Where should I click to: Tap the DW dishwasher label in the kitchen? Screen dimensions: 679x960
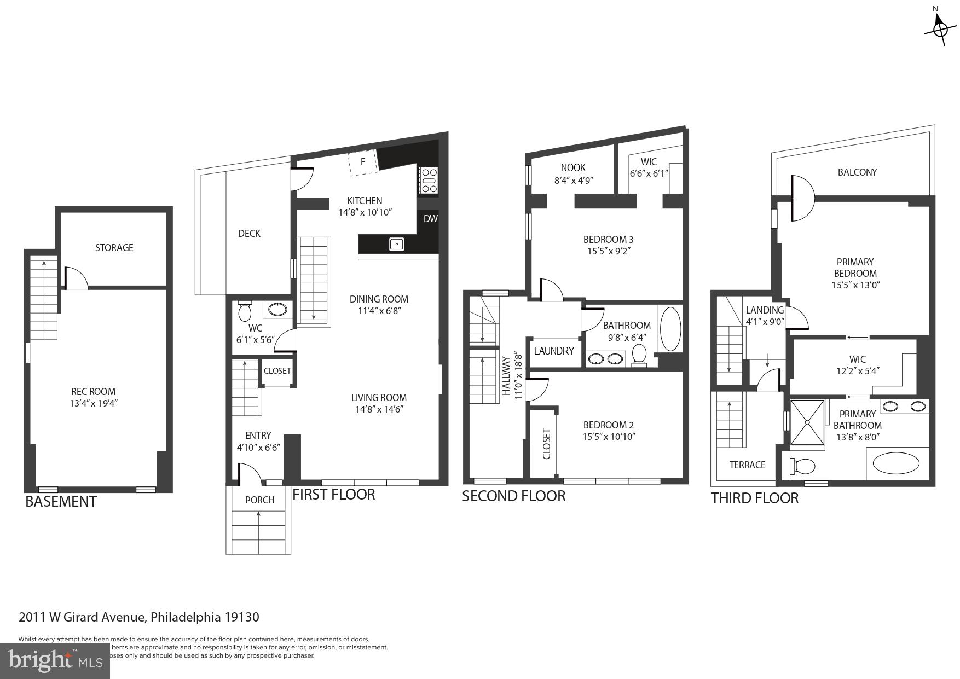431,219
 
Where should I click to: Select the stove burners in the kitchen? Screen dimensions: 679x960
428,181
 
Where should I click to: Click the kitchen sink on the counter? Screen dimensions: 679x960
397,244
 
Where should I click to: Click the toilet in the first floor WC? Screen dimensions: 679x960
245,312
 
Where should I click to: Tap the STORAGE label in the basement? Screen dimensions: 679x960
114,248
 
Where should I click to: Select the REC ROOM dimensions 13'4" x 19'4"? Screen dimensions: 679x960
94,404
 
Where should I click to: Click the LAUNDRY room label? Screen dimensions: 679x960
554,351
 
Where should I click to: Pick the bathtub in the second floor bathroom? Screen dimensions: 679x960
670,329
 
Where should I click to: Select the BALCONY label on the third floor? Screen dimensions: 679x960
857,172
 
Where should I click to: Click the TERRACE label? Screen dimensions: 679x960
747,465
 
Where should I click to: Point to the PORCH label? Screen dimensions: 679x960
259,500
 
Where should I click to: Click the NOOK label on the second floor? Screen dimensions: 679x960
573,168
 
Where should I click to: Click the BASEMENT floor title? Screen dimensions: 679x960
61,502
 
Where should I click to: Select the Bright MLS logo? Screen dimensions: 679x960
55,660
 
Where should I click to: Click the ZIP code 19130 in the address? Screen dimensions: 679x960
241,617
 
